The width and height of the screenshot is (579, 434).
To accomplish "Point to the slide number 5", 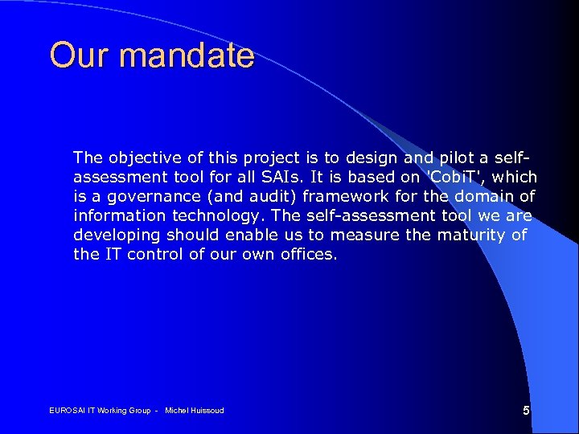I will [526, 411].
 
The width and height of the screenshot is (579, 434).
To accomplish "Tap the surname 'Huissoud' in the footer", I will [206, 411].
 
